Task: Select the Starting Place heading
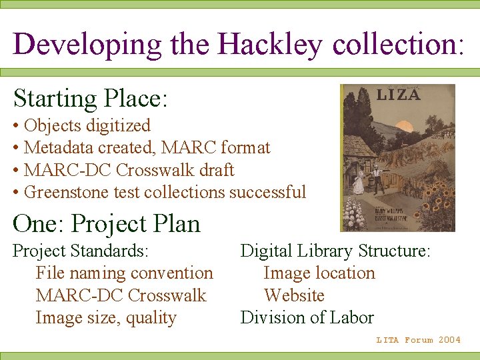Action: coord(90,99)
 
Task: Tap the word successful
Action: coord(267,192)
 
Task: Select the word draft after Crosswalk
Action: coord(216,170)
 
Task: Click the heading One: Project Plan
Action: coord(107,223)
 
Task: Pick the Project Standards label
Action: coord(81,251)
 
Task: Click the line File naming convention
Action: coord(124,273)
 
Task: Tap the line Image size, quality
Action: coord(106,318)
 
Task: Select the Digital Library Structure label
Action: coord(335,251)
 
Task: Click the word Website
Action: coord(294,295)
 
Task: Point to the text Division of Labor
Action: coord(307,318)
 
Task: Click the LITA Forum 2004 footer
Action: coord(418,340)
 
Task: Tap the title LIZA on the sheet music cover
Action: coord(398,95)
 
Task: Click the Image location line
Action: coord(319,273)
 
